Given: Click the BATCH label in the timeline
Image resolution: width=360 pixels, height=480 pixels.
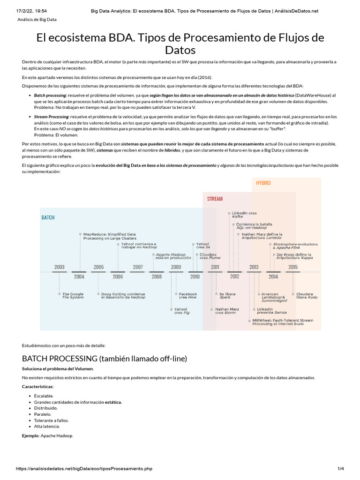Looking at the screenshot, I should pyautogui.click(x=48, y=217).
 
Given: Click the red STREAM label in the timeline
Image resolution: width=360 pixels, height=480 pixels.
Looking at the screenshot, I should pyautogui.click(x=215, y=199).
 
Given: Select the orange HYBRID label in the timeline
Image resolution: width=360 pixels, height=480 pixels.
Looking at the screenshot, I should pyautogui.click(x=263, y=183).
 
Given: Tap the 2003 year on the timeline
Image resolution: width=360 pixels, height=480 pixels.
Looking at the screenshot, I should pyautogui.click(x=59, y=267).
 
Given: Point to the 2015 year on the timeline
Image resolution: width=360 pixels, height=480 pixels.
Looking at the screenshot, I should pyautogui.click(x=293, y=267).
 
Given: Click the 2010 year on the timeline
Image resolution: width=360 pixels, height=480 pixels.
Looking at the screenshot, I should pyautogui.click(x=195, y=277).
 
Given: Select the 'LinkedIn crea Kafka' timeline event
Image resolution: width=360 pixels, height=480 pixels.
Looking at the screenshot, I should pyautogui.click(x=244, y=215).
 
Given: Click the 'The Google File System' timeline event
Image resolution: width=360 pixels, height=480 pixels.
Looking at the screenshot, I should pyautogui.click(x=73, y=296).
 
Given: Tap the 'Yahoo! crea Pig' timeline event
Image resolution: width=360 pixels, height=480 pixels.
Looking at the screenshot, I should pyautogui.click(x=181, y=311).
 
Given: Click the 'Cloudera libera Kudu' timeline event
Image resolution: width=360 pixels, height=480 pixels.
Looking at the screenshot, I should pyautogui.click(x=305, y=296).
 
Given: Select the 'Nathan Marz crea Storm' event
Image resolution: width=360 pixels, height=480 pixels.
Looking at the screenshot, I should pyautogui.click(x=227, y=311).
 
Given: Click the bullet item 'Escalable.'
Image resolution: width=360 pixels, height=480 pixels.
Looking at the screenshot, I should pyautogui.click(x=44, y=396).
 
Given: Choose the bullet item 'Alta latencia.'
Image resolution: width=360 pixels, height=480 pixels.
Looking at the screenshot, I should pyautogui.click(x=47, y=426).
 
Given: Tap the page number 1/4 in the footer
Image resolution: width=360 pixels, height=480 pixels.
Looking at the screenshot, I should pyautogui.click(x=340, y=468).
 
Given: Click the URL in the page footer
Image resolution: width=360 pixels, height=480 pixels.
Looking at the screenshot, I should pyautogui.click(x=84, y=468).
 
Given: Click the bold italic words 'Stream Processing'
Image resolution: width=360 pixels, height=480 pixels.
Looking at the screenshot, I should pyautogui.click(x=51, y=116).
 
